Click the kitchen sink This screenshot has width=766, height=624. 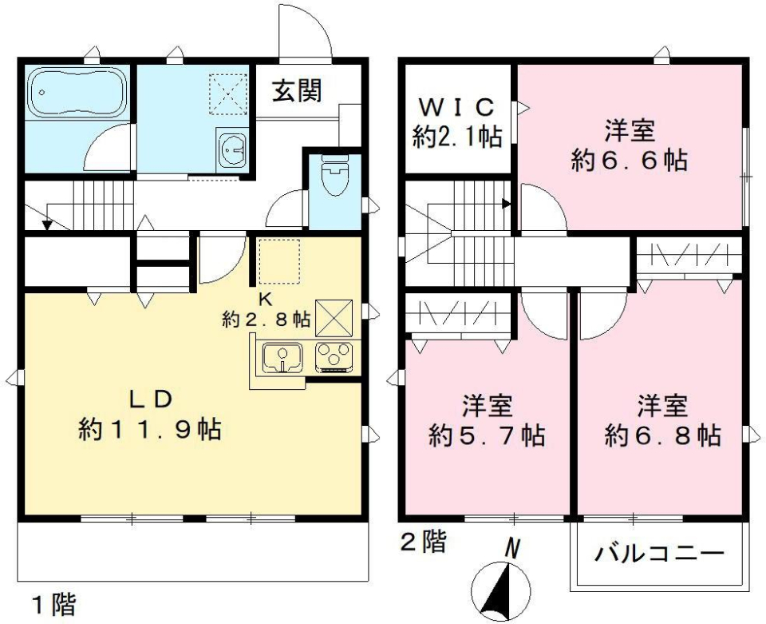click(x=279, y=356)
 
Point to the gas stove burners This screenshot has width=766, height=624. click(x=334, y=356)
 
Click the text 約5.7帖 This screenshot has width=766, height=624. click(x=487, y=436)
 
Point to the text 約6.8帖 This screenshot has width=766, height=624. click(x=663, y=436)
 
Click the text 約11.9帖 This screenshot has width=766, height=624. click(x=151, y=431)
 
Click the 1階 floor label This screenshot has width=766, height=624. click(x=53, y=604)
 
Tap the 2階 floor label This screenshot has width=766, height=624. click(x=422, y=543)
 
